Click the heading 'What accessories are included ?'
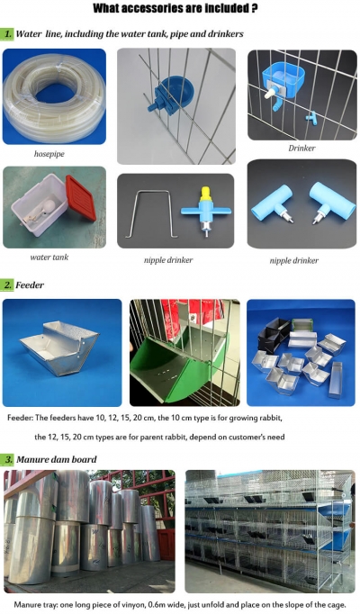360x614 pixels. point(179,10)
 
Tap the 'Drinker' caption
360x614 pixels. point(301,148)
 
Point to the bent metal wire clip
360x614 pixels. point(151,212)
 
